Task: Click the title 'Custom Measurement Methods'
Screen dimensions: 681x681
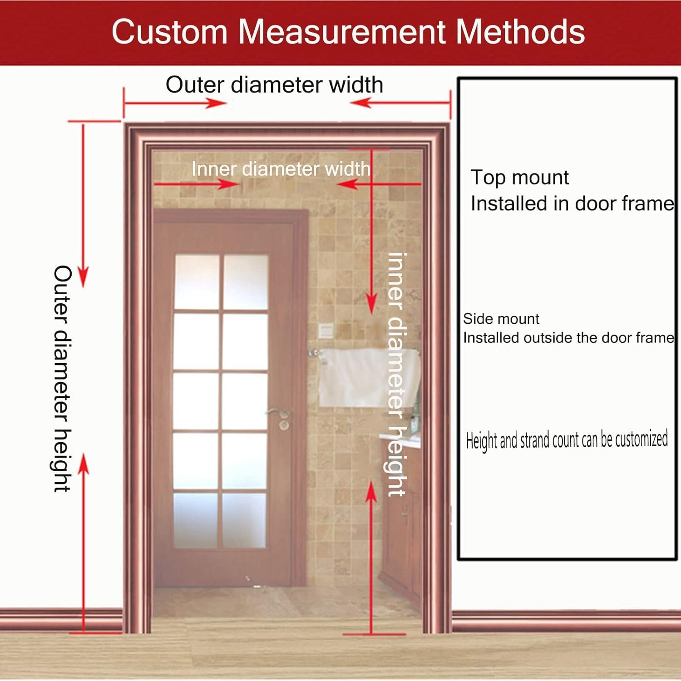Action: pyautogui.click(x=348, y=32)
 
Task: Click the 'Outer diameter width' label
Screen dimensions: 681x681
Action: pyautogui.click(x=274, y=85)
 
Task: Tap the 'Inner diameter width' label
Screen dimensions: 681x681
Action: pyautogui.click(x=281, y=169)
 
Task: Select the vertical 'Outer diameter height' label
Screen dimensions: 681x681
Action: pyautogui.click(x=62, y=379)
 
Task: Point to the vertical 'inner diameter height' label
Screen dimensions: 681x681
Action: pyautogui.click(x=396, y=375)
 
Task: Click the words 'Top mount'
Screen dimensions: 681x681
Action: pyautogui.click(x=519, y=178)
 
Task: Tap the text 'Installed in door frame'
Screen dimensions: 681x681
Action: pyautogui.click(x=572, y=203)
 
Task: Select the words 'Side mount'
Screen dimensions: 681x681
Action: pyautogui.click(x=501, y=319)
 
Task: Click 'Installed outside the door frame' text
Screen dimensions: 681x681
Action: pyautogui.click(x=568, y=338)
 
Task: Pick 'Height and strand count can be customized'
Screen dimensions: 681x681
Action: pyautogui.click(x=567, y=439)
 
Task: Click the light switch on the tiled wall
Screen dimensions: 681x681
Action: pyautogui.click(x=325, y=330)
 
